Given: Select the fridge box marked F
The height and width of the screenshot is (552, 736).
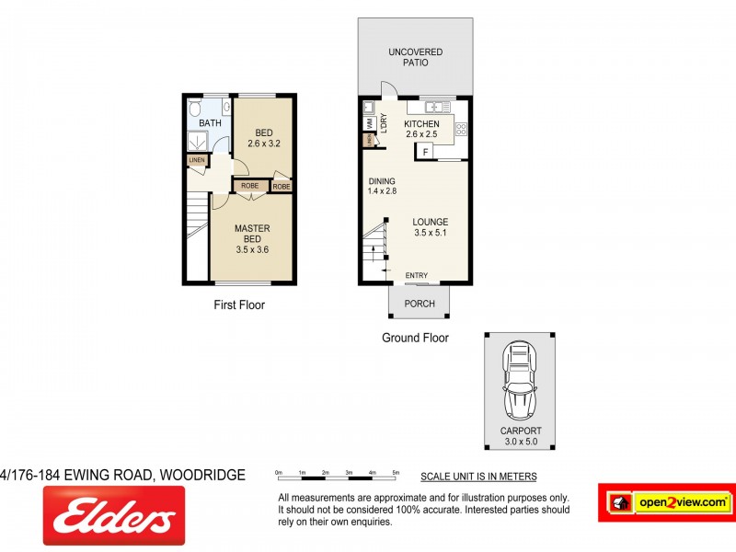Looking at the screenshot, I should point(426,151).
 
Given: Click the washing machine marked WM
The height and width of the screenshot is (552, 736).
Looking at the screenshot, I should point(369,121).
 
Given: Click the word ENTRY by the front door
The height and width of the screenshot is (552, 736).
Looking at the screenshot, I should point(417,275).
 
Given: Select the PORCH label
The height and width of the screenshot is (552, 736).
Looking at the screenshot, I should point(420,304).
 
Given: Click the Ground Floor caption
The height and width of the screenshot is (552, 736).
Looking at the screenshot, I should point(415,338).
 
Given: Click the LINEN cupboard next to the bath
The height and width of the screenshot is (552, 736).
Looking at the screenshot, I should point(196,160).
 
